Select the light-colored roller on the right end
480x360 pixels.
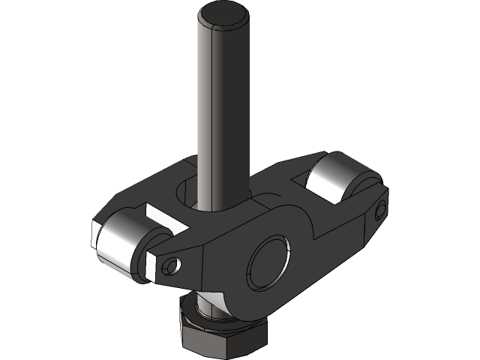point(334,180)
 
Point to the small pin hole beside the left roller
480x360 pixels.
point(174,265)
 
